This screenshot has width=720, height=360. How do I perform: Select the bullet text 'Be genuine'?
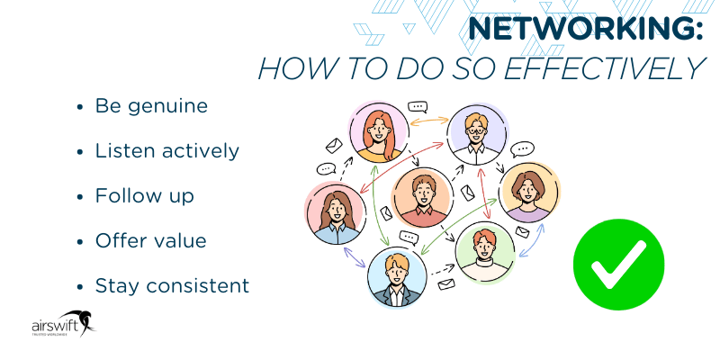pos(151,106)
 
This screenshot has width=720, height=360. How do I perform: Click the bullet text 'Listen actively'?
pos(167,151)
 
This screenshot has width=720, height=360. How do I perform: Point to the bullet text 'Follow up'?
pos(144,195)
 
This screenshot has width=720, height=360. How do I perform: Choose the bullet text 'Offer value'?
pos(150,240)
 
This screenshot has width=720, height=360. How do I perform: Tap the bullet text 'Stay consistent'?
pos(172,286)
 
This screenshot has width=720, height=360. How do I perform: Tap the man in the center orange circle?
pos(420,196)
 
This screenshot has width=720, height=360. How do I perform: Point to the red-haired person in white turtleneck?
pos(485,251)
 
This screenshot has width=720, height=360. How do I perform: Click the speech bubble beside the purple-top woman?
pos(521,149)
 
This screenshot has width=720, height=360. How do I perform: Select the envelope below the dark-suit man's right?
pos(445,286)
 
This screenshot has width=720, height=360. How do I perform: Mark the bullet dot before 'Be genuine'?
pos(80,107)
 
